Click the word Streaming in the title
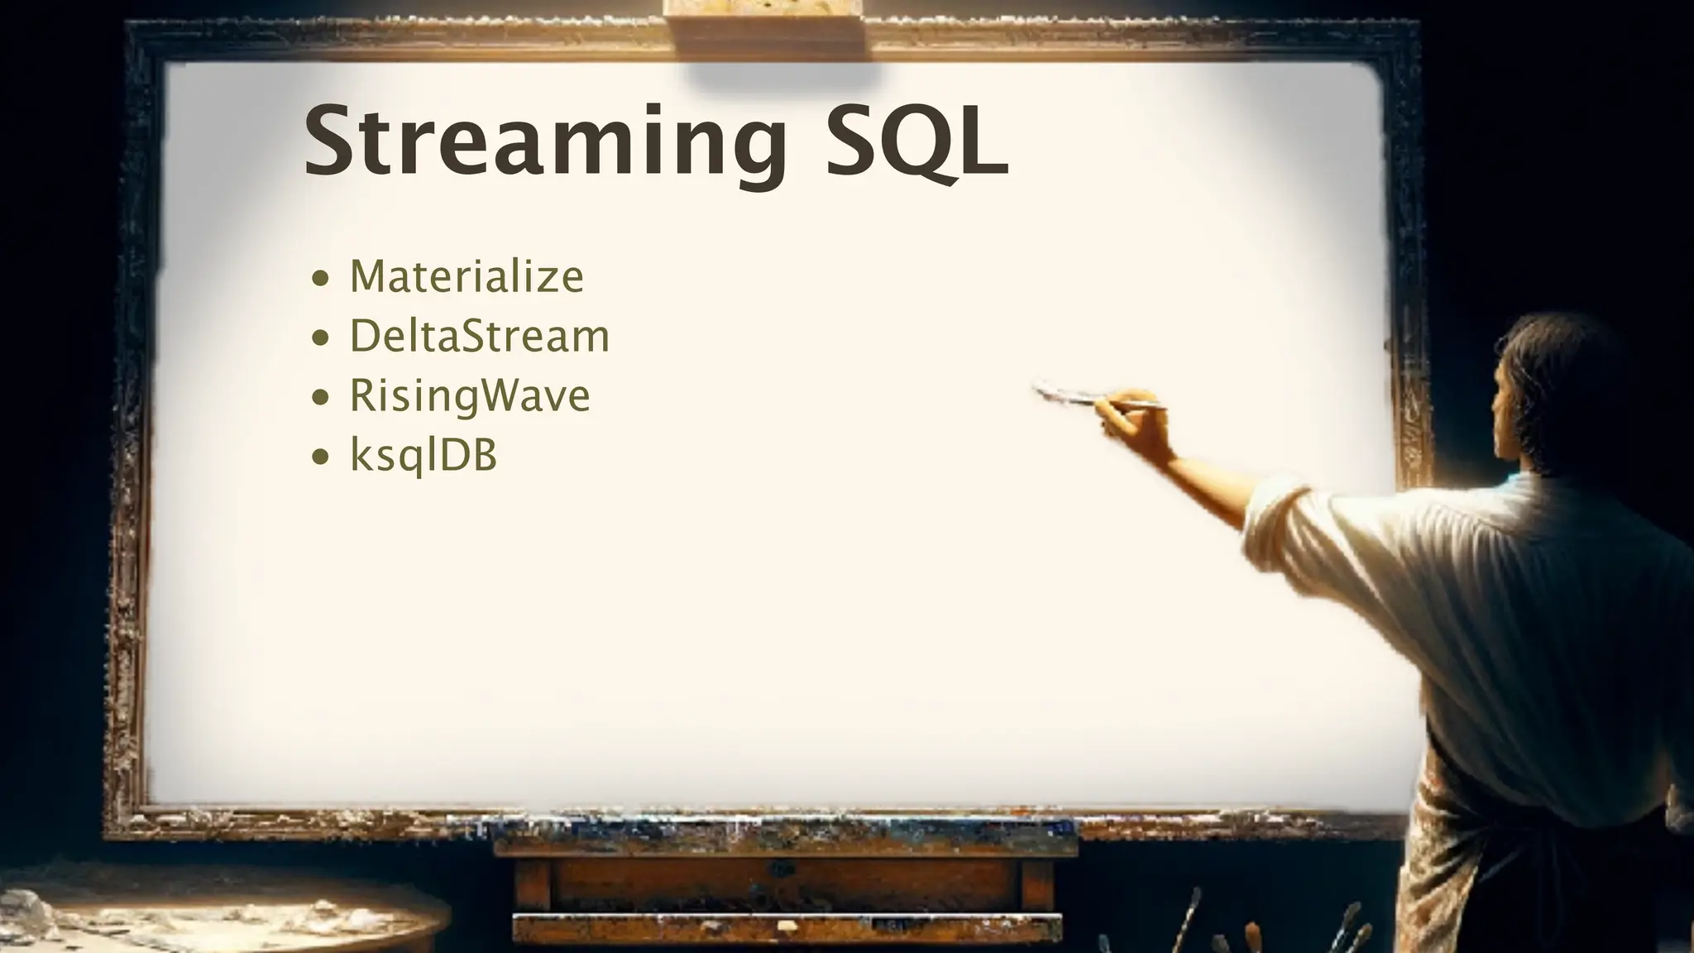546,142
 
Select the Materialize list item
467,276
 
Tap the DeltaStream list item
480,336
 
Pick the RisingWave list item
470,395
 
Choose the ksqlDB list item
423,455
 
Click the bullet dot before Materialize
321,279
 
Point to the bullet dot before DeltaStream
321,338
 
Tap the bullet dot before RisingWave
321,398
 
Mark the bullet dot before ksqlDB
321,457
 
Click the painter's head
1555,389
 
